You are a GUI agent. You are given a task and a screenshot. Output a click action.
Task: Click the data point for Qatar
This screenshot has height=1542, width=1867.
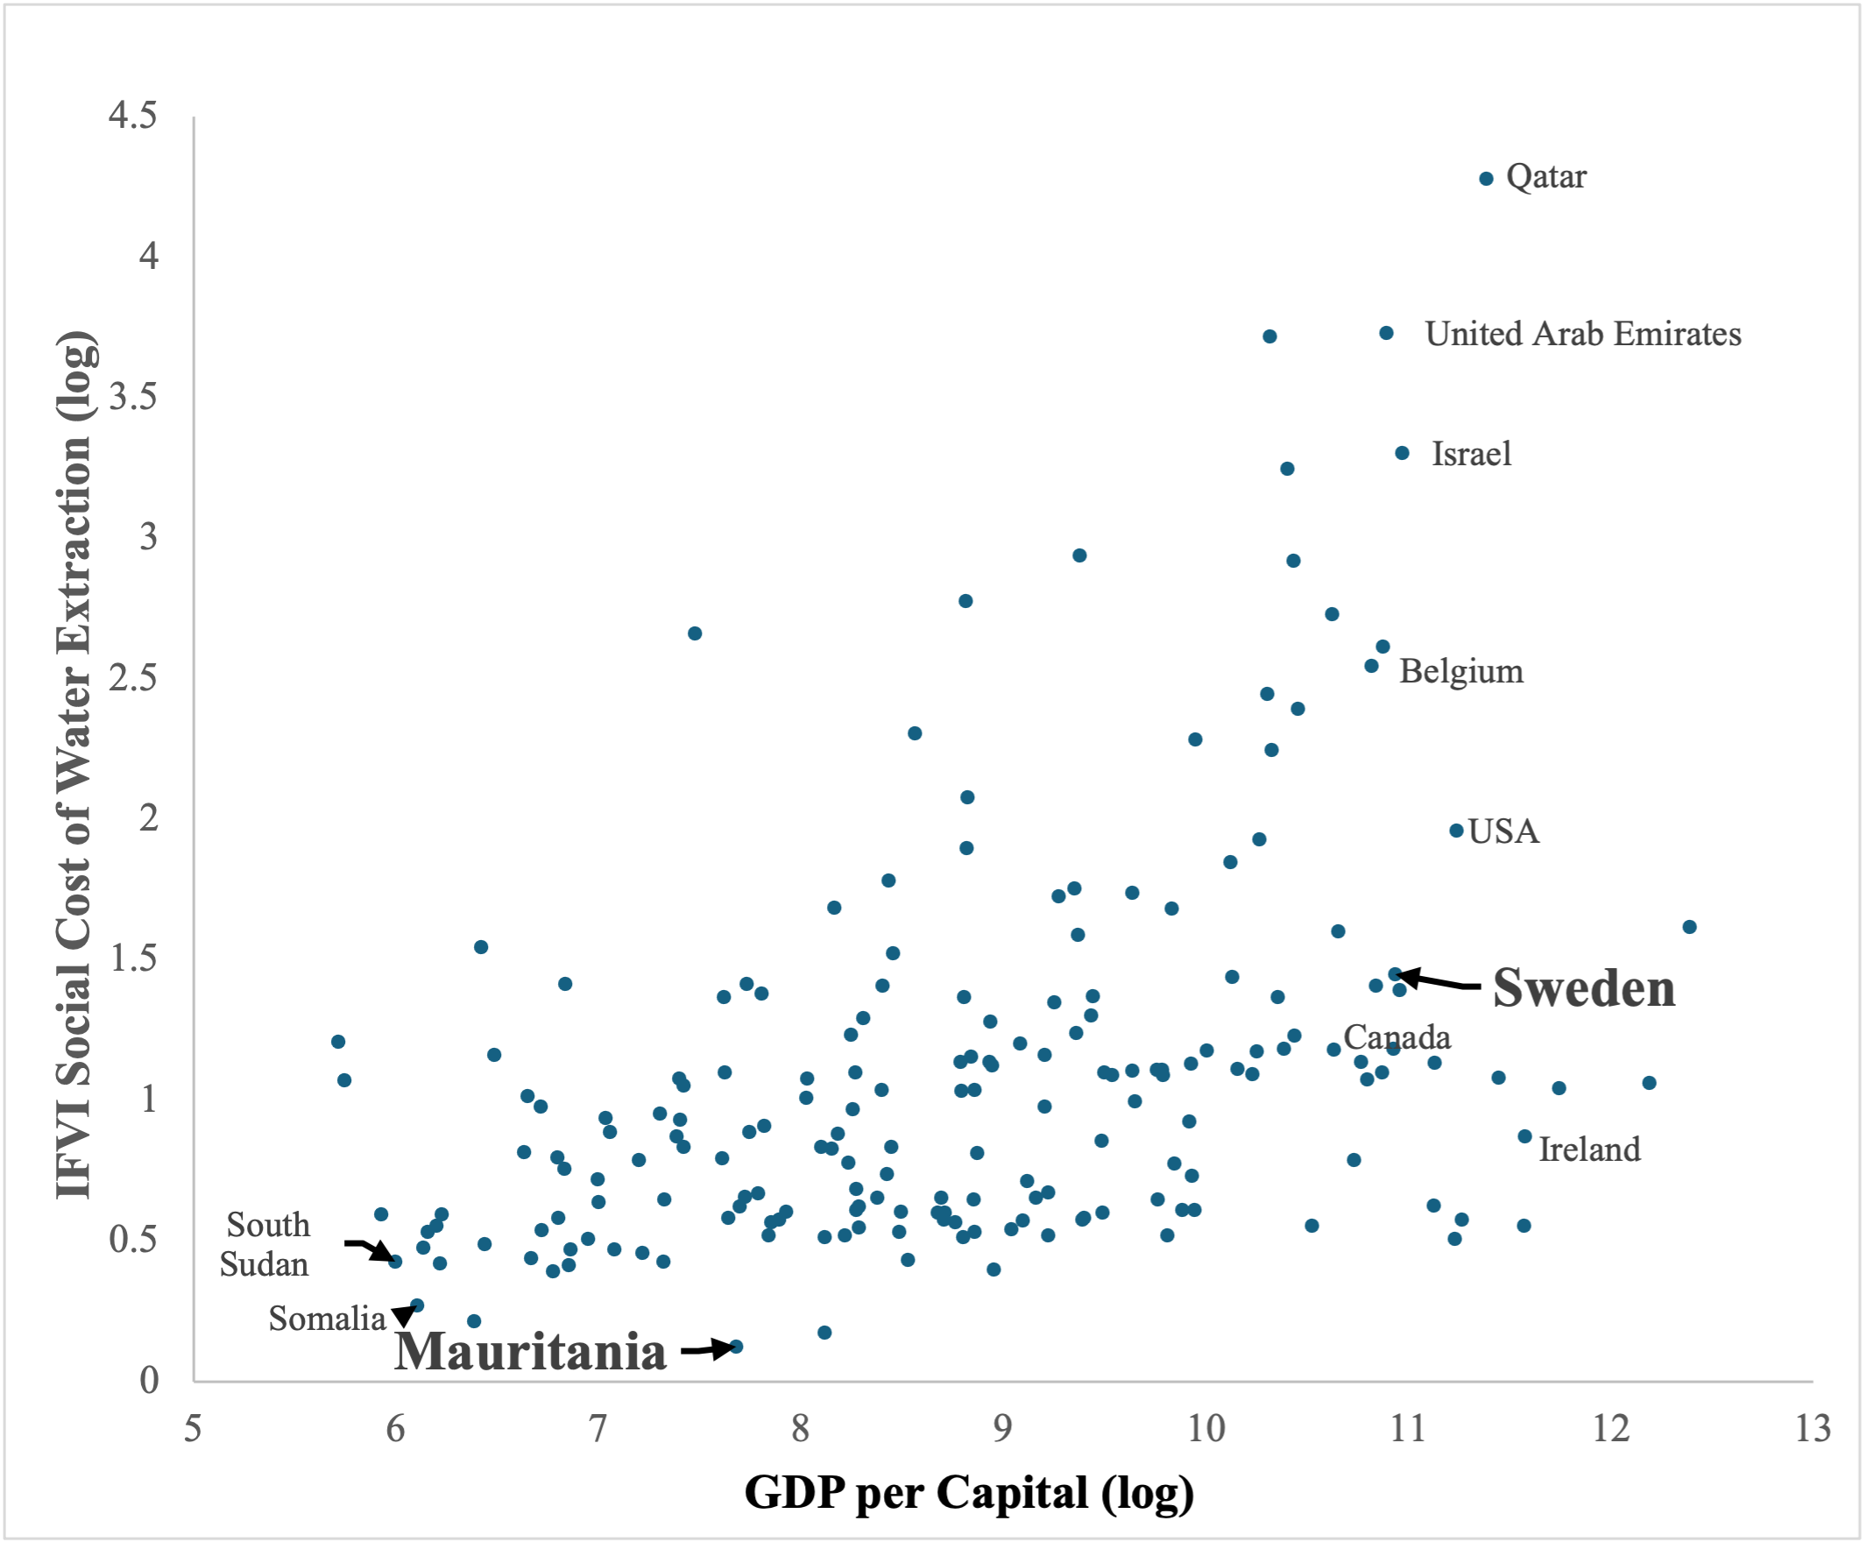[x=1486, y=179]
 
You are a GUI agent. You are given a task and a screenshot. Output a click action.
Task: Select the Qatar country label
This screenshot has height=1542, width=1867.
[x=1545, y=177]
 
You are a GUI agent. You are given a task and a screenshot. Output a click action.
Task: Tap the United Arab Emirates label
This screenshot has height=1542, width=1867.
[x=1583, y=334]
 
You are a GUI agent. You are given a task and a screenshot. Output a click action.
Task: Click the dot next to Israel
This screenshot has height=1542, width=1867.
[x=1402, y=453]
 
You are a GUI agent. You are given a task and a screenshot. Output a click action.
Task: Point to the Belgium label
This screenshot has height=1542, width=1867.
[x=1461, y=670]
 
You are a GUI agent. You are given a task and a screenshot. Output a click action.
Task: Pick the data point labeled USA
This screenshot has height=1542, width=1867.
[x=1456, y=831]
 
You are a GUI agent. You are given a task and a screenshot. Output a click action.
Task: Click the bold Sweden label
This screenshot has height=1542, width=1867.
[x=1584, y=987]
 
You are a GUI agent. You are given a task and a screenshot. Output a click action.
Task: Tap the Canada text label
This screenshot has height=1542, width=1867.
[x=1397, y=1036]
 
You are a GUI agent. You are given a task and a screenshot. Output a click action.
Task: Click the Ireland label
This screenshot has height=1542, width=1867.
[x=1589, y=1149]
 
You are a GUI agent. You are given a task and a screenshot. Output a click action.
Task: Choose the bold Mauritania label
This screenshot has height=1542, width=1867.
[x=530, y=1352]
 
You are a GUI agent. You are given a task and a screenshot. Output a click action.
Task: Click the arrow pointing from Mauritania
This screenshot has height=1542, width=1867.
[x=708, y=1350]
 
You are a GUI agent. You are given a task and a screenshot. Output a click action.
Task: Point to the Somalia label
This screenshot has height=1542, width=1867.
[x=327, y=1319]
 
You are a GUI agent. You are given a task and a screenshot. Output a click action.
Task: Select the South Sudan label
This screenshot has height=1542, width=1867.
[x=266, y=1244]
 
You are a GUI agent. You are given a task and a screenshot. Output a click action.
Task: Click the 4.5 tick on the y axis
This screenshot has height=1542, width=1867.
[x=133, y=116]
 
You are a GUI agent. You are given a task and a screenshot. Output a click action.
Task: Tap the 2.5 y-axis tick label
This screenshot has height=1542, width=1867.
[x=133, y=678]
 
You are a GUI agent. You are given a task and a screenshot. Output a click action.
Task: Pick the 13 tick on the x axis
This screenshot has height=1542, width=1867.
[x=1813, y=1429]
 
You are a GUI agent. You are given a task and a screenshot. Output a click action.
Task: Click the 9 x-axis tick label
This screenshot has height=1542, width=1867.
[x=1003, y=1429]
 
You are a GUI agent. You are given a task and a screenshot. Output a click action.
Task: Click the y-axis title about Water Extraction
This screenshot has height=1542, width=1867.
[x=74, y=764]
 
